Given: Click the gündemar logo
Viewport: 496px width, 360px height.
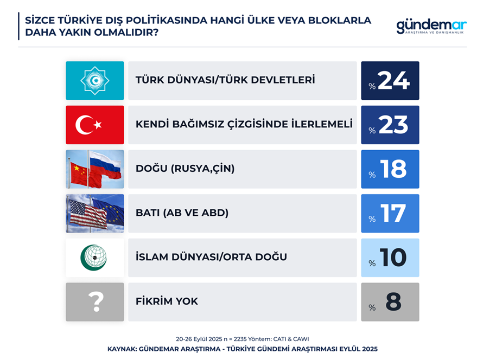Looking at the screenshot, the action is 431,27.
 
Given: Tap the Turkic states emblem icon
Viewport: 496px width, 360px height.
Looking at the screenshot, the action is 95,81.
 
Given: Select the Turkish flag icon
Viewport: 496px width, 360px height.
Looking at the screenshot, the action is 95,125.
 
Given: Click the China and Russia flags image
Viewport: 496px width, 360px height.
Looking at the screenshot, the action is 95,169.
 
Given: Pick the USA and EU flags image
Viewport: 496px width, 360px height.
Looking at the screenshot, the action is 95,214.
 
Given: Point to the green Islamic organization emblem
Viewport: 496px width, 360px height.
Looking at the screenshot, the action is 94,258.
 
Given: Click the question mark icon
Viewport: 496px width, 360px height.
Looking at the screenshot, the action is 95,302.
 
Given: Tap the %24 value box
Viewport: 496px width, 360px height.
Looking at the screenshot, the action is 390,81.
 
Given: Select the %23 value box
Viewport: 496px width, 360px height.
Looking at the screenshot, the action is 390,125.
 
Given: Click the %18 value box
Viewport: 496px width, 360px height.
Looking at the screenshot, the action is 390,169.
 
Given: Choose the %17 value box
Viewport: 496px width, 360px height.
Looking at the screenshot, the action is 390,214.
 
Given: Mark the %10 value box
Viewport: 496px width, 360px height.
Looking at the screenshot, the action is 390,258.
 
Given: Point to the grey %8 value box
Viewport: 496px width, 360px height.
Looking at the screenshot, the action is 390,302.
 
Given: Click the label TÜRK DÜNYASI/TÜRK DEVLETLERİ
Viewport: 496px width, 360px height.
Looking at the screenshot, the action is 225,80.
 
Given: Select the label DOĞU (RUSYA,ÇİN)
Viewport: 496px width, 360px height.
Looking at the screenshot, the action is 185,169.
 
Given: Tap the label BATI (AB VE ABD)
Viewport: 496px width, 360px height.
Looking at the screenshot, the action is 182,213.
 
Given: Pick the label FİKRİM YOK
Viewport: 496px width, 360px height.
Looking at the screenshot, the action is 167,301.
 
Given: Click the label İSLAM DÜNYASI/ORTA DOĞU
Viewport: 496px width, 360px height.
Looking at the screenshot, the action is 211,256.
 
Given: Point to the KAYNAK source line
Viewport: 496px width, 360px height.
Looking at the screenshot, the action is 243,349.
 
